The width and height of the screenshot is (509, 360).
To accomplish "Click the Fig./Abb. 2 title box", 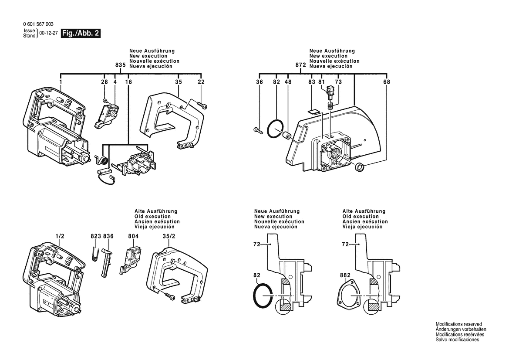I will pos(81,34).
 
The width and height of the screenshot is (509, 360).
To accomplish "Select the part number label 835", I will pos(121,65).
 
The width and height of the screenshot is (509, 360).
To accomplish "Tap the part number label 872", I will pos(300,65).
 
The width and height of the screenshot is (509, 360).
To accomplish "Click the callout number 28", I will pos(104,82).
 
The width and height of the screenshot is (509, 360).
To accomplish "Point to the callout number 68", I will pos(387,82).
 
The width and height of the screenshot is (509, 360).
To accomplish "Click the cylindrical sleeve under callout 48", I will pos(287,136).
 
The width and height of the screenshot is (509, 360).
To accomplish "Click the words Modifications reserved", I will pos(458,324).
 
